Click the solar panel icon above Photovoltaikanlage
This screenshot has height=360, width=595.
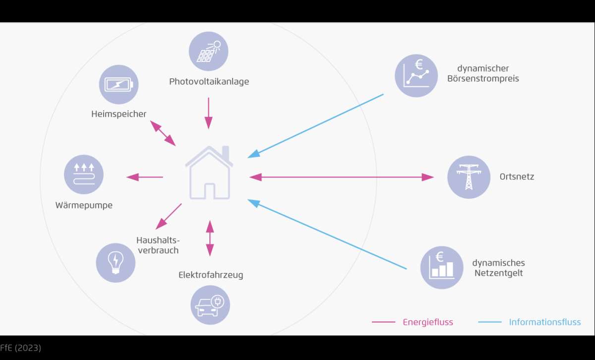tap(209, 51)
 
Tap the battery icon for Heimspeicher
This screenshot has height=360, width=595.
tap(119, 84)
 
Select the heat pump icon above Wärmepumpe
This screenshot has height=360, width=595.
tap(84, 175)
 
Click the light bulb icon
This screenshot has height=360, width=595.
tap(116, 263)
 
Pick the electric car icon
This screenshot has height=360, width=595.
tap(210, 305)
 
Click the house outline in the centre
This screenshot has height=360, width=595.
tap(209, 173)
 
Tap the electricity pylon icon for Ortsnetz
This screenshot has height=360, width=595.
tap(469, 177)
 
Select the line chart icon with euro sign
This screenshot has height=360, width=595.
tap(416, 76)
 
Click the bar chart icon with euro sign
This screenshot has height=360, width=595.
tap(442, 268)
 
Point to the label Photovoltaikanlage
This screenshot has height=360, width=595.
tap(209, 81)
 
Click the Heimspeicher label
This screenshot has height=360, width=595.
tap(119, 114)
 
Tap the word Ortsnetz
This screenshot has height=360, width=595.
tap(517, 177)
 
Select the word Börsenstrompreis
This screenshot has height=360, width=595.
tap(483, 79)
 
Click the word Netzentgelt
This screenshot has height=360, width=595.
tap(499, 273)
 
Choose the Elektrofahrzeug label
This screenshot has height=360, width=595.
tap(211, 275)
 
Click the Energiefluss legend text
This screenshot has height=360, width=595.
tap(427, 322)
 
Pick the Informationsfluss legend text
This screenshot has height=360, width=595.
tap(545, 322)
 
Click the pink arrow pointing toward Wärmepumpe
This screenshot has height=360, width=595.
tap(144, 177)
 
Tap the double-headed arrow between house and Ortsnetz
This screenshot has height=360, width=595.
tap(342, 177)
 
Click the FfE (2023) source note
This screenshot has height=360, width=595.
tap(20, 348)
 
